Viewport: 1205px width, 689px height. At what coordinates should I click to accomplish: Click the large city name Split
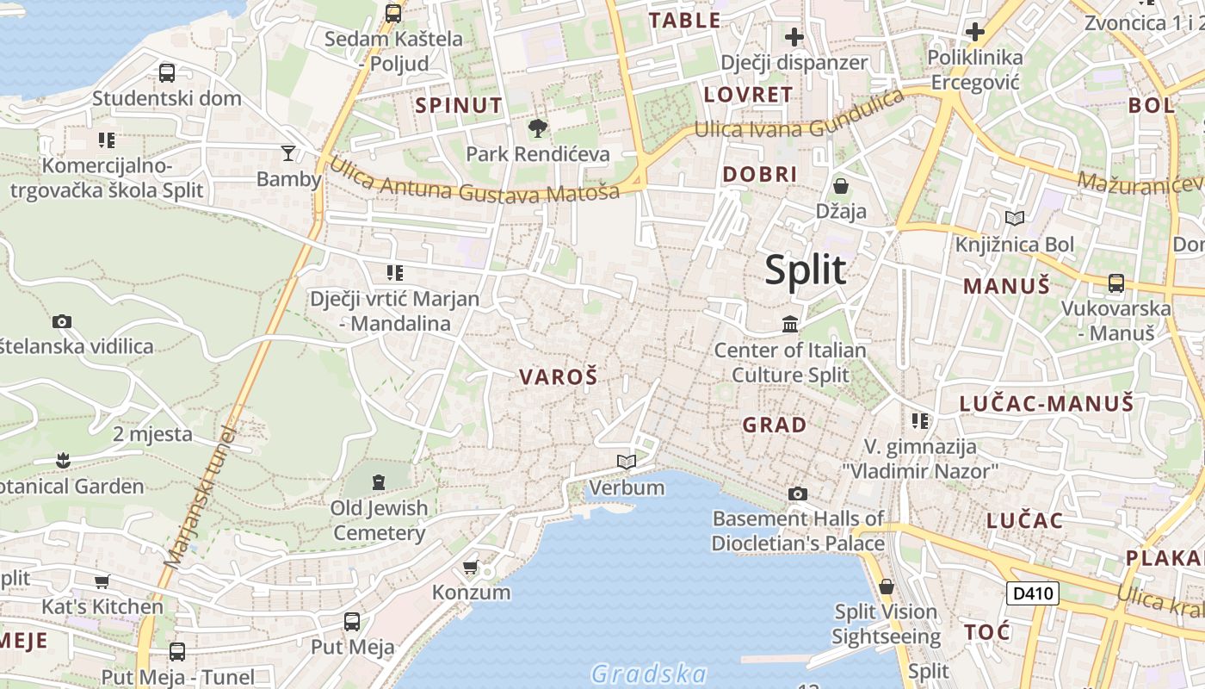[806, 270]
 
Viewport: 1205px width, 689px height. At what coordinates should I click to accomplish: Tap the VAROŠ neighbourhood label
[559, 376]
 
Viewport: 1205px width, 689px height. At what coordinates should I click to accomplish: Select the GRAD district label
[775, 425]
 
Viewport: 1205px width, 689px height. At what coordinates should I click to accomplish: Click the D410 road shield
[1032, 593]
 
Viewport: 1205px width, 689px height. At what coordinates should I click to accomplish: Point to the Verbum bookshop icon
[627, 462]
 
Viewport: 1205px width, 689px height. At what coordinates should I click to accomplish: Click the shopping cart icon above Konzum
[470, 568]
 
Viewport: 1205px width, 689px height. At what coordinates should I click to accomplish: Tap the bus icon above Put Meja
[352, 622]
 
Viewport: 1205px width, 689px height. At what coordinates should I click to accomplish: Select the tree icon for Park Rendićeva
[538, 129]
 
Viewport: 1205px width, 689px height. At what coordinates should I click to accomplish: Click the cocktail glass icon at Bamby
[288, 153]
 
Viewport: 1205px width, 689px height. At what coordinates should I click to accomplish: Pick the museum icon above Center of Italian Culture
[790, 325]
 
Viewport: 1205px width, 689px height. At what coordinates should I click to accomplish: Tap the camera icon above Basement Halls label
[798, 493]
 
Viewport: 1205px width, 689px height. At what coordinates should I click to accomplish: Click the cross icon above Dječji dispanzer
[794, 37]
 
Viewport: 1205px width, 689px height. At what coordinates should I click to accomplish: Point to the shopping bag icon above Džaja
[841, 186]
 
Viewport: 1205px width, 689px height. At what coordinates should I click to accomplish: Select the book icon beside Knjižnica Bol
[1015, 219]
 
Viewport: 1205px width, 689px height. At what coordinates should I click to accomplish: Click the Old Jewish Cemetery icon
[379, 482]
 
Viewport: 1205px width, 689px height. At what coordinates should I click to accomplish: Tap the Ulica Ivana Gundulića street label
[800, 120]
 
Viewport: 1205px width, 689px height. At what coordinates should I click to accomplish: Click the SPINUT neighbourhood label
[459, 106]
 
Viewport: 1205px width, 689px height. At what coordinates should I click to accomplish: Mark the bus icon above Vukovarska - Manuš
[1116, 282]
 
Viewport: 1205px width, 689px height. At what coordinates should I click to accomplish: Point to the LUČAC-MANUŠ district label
[1047, 402]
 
